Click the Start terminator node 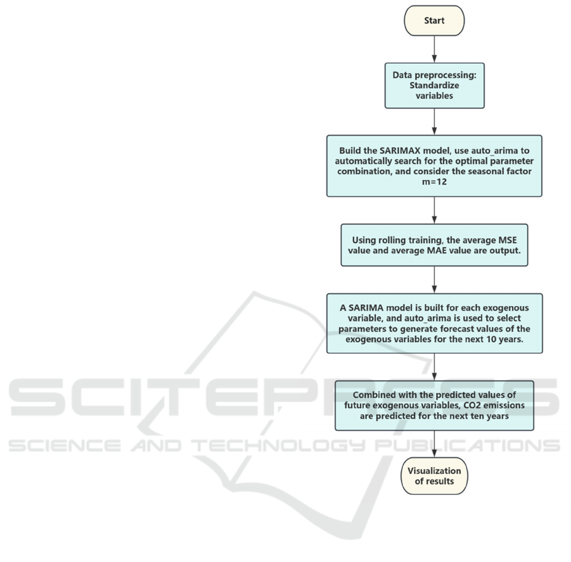(x=434, y=20)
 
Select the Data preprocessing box (x=434, y=84)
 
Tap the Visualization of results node (x=434, y=476)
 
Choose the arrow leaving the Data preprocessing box (x=434, y=121)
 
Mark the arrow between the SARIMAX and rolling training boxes (x=434, y=210)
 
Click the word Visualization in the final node (x=434, y=471)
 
